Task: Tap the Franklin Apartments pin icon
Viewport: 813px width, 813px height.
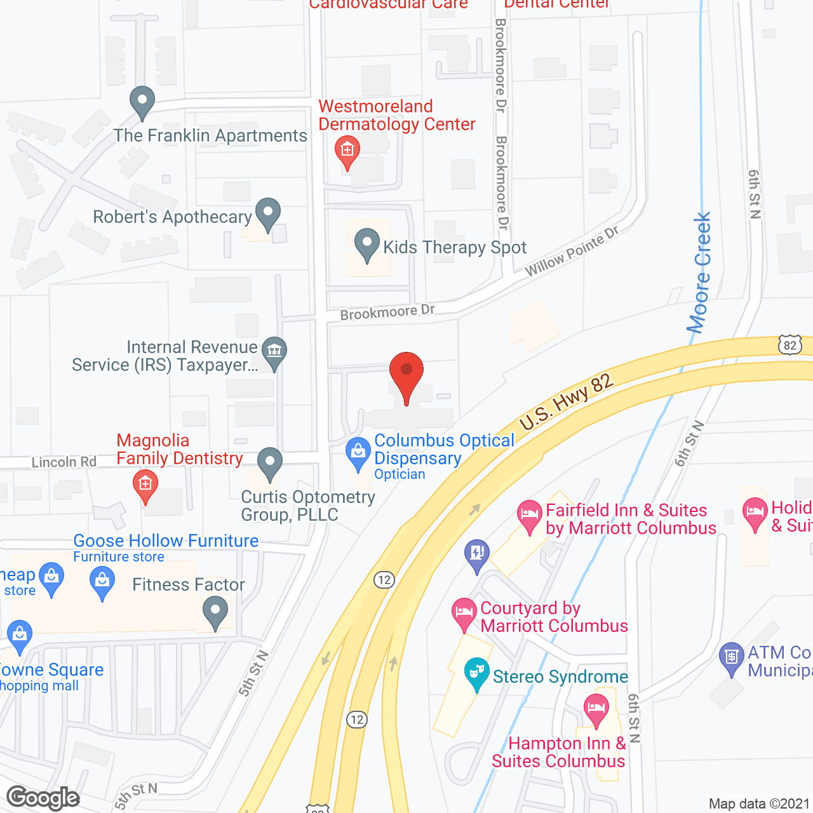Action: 142,102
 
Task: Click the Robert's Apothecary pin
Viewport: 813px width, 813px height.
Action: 268,213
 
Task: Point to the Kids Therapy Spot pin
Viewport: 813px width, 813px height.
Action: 366,245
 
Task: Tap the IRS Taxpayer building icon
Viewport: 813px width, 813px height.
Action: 274,352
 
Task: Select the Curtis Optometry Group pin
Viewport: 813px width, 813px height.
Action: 270,463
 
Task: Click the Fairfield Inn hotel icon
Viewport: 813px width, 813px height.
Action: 529,515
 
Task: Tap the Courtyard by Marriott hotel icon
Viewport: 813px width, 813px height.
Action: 464,614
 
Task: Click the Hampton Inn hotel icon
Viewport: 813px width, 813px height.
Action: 596,708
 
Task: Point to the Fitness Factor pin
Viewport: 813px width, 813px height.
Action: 215,613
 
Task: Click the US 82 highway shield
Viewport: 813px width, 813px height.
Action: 790,346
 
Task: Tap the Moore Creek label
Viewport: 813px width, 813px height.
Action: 701,273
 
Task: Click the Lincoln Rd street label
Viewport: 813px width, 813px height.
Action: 64,462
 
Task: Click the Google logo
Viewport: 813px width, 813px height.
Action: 43,798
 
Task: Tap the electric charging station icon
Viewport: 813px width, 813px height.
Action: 477,554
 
